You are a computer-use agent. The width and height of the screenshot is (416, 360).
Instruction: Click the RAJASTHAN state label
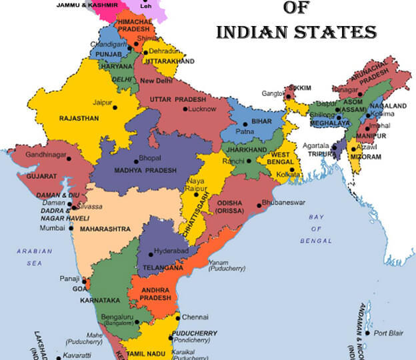pos(79,118)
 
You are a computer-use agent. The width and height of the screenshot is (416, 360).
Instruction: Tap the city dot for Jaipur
pos(115,107)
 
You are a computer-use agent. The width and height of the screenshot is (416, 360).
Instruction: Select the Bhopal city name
pos(150,158)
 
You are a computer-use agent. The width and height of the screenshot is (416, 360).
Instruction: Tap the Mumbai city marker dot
pos(71,228)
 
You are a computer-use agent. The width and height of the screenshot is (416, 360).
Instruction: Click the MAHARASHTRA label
pos(104,229)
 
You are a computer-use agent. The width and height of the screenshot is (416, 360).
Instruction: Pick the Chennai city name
pos(195,317)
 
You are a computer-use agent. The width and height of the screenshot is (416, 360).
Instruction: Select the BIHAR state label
pos(262,123)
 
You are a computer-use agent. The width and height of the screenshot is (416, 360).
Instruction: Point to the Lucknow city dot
pos(185,109)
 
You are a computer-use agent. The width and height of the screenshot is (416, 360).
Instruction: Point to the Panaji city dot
pos(85,279)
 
